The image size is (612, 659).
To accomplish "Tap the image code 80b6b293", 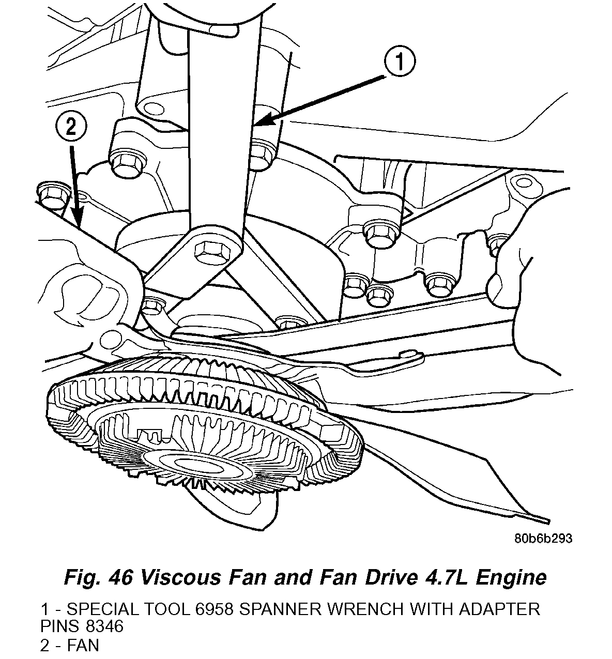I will tap(543, 539).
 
